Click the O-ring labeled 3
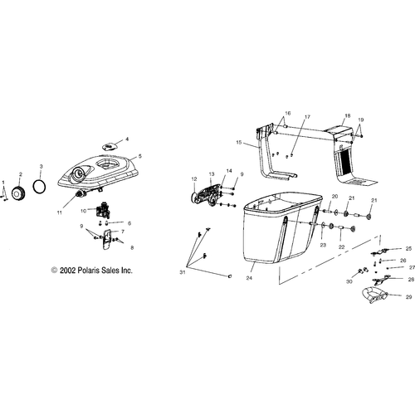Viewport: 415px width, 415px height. (34, 186)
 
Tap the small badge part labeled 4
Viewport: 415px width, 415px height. (110, 146)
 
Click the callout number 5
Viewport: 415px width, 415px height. (140, 156)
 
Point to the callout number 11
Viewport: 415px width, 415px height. (59, 212)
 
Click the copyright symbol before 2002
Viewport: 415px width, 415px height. (54, 271)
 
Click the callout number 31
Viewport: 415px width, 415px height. (182, 272)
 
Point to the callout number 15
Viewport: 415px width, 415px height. (238, 143)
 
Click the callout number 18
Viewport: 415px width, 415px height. (348, 115)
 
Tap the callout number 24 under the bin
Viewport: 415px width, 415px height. (249, 278)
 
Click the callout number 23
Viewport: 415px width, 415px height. (323, 245)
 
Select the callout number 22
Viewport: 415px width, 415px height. (341, 247)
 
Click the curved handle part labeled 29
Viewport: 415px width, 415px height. (373, 295)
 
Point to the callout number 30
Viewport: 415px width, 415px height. (349, 281)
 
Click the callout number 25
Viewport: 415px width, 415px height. (408, 249)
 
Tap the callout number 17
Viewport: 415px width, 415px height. (307, 117)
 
